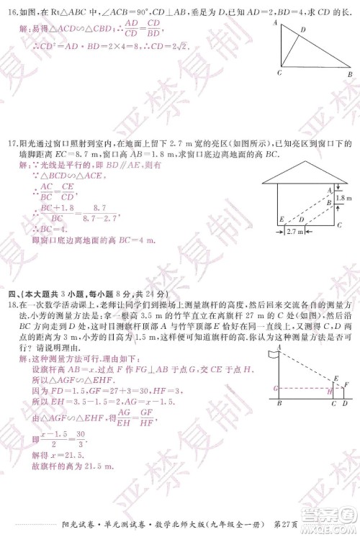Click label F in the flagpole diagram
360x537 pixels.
(346, 384)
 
